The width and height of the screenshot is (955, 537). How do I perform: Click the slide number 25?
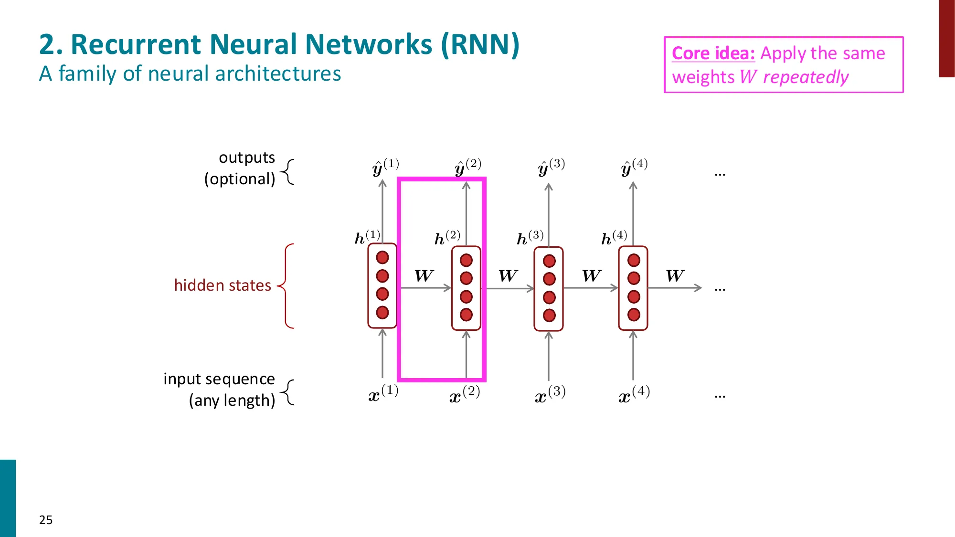(46, 520)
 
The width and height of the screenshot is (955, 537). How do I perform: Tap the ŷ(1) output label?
(385, 168)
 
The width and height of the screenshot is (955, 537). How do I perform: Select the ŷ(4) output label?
(634, 168)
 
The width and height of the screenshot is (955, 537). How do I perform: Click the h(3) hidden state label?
(530, 237)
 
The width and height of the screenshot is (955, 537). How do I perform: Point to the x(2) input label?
(464, 395)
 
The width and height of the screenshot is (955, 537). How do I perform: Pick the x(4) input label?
(634, 395)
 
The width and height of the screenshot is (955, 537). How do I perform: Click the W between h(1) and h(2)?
(424, 276)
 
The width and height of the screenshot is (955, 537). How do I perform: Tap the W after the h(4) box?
(675, 276)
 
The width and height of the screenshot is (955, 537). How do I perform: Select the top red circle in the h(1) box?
(382, 258)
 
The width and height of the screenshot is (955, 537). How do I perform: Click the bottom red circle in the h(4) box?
(634, 315)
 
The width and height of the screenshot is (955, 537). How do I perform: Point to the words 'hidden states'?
(223, 285)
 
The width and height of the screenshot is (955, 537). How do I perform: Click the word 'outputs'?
(246, 158)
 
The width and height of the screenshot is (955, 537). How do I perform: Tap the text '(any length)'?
(232, 400)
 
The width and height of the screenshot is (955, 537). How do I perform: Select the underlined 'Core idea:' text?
(713, 53)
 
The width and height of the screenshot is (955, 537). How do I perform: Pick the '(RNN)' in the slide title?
(479, 45)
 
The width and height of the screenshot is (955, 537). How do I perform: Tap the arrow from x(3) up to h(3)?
(549, 356)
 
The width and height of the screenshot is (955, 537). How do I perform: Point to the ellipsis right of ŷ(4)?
(720, 175)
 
